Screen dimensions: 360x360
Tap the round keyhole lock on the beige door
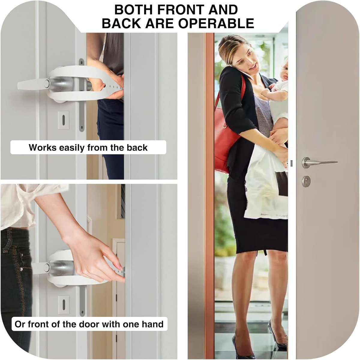click(x=306, y=181)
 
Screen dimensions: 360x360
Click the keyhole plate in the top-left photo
click(x=64, y=120)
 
